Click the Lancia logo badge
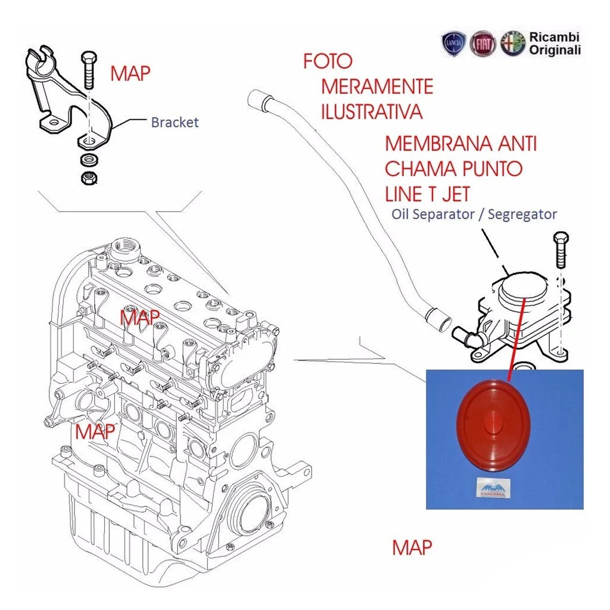[453, 45]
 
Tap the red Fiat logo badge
[483, 45]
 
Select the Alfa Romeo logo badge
[512, 44]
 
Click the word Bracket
[175, 122]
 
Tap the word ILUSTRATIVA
[372, 111]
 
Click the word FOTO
[328, 61]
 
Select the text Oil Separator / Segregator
[474, 214]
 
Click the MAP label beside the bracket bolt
[130, 73]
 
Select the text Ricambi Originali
[554, 44]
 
